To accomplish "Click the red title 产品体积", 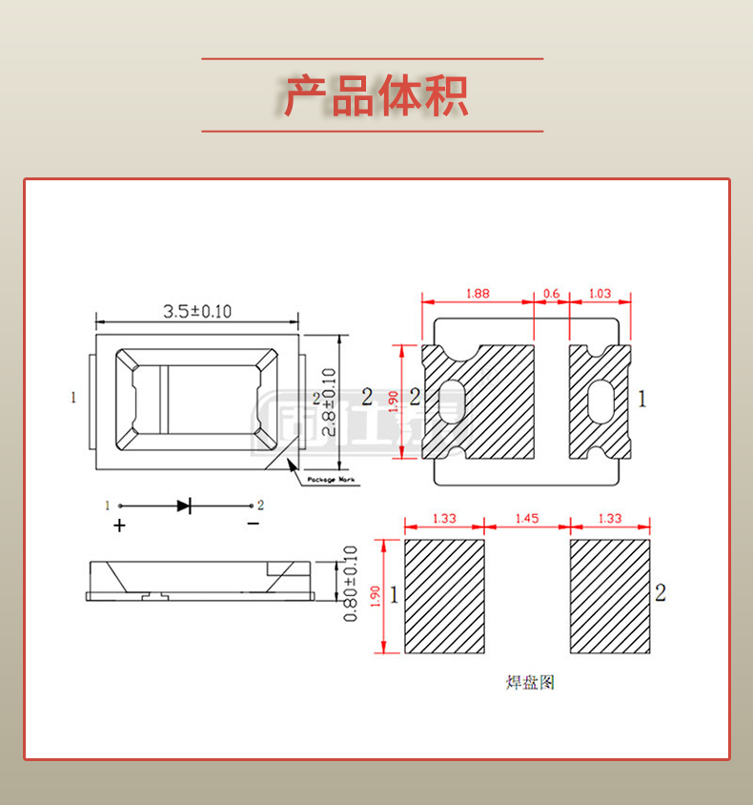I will click(x=376, y=95).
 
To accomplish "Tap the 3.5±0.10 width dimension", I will click(x=197, y=311).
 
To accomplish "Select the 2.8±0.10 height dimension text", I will click(x=330, y=402).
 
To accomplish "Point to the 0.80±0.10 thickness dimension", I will click(x=350, y=584).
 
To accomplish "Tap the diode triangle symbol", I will click(x=184, y=505).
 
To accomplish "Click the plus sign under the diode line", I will click(x=119, y=525).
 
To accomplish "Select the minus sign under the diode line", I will click(x=253, y=525).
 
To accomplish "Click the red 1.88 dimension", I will click(x=478, y=294).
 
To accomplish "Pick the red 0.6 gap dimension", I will click(x=551, y=294).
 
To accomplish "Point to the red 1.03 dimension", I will click(x=600, y=294).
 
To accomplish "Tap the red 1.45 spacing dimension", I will click(x=527, y=519).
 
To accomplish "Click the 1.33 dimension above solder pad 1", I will click(x=444, y=519).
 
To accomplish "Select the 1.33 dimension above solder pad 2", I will click(x=610, y=519).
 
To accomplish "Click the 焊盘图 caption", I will click(x=529, y=683).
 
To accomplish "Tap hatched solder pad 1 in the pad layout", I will click(x=445, y=596).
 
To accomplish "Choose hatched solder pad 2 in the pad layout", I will click(x=610, y=596).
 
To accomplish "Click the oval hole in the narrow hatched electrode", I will click(x=601, y=401).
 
